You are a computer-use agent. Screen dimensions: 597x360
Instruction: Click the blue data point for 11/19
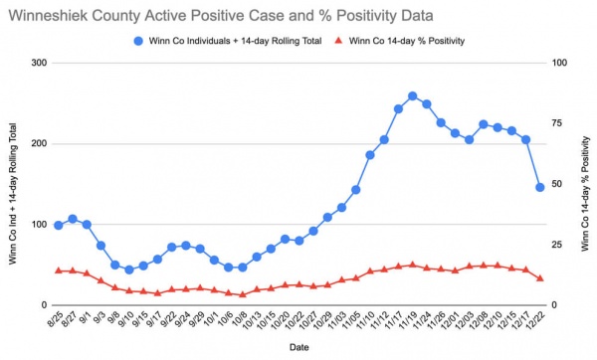(x=412, y=96)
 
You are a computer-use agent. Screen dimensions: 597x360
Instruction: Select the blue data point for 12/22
(x=539, y=187)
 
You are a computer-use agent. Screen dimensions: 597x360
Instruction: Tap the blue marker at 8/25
(x=59, y=226)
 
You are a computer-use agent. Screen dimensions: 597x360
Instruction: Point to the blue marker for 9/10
(x=129, y=270)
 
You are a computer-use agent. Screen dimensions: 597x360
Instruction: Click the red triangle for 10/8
(x=243, y=294)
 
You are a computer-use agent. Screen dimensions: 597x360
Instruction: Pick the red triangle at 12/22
(x=539, y=278)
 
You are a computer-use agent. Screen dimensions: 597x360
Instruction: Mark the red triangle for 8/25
(x=59, y=270)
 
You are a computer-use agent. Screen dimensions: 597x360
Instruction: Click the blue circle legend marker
(x=138, y=41)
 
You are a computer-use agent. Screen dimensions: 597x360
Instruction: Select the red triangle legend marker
(x=338, y=41)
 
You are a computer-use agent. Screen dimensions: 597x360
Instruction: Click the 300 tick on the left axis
(x=39, y=63)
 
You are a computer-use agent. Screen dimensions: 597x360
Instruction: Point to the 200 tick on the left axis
(x=39, y=144)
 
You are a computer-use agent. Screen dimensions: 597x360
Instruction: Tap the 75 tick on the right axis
(x=556, y=123)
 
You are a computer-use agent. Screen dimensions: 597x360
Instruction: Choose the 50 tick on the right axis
(x=556, y=184)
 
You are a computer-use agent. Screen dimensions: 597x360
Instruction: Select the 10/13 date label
(x=252, y=320)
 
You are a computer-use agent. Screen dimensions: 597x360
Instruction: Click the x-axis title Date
(x=298, y=347)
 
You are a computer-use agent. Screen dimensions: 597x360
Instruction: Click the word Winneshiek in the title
(x=49, y=16)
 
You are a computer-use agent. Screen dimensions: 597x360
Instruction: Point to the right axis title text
(x=586, y=194)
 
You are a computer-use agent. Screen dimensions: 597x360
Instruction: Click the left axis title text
(x=13, y=194)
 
